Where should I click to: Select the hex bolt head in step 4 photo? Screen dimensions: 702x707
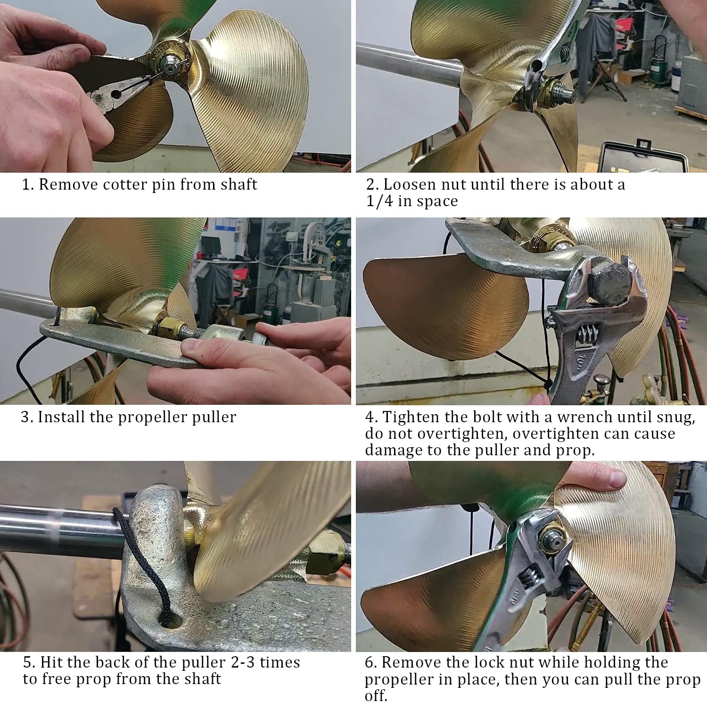(608, 283)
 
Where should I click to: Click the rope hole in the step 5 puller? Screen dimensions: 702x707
(168, 619)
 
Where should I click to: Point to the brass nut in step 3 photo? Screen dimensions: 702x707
(170, 327)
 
